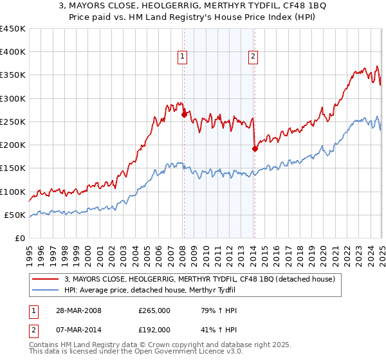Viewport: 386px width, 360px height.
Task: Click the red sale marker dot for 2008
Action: click(x=184, y=115)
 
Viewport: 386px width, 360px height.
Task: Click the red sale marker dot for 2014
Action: click(x=254, y=148)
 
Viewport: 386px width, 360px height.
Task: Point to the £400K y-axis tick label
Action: click(x=13, y=52)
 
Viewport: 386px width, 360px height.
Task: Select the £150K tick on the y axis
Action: click(x=13, y=168)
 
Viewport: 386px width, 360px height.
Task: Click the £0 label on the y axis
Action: click(x=19, y=238)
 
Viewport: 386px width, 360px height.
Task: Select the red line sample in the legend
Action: click(x=46, y=279)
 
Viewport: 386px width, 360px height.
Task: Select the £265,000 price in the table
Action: click(x=154, y=310)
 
